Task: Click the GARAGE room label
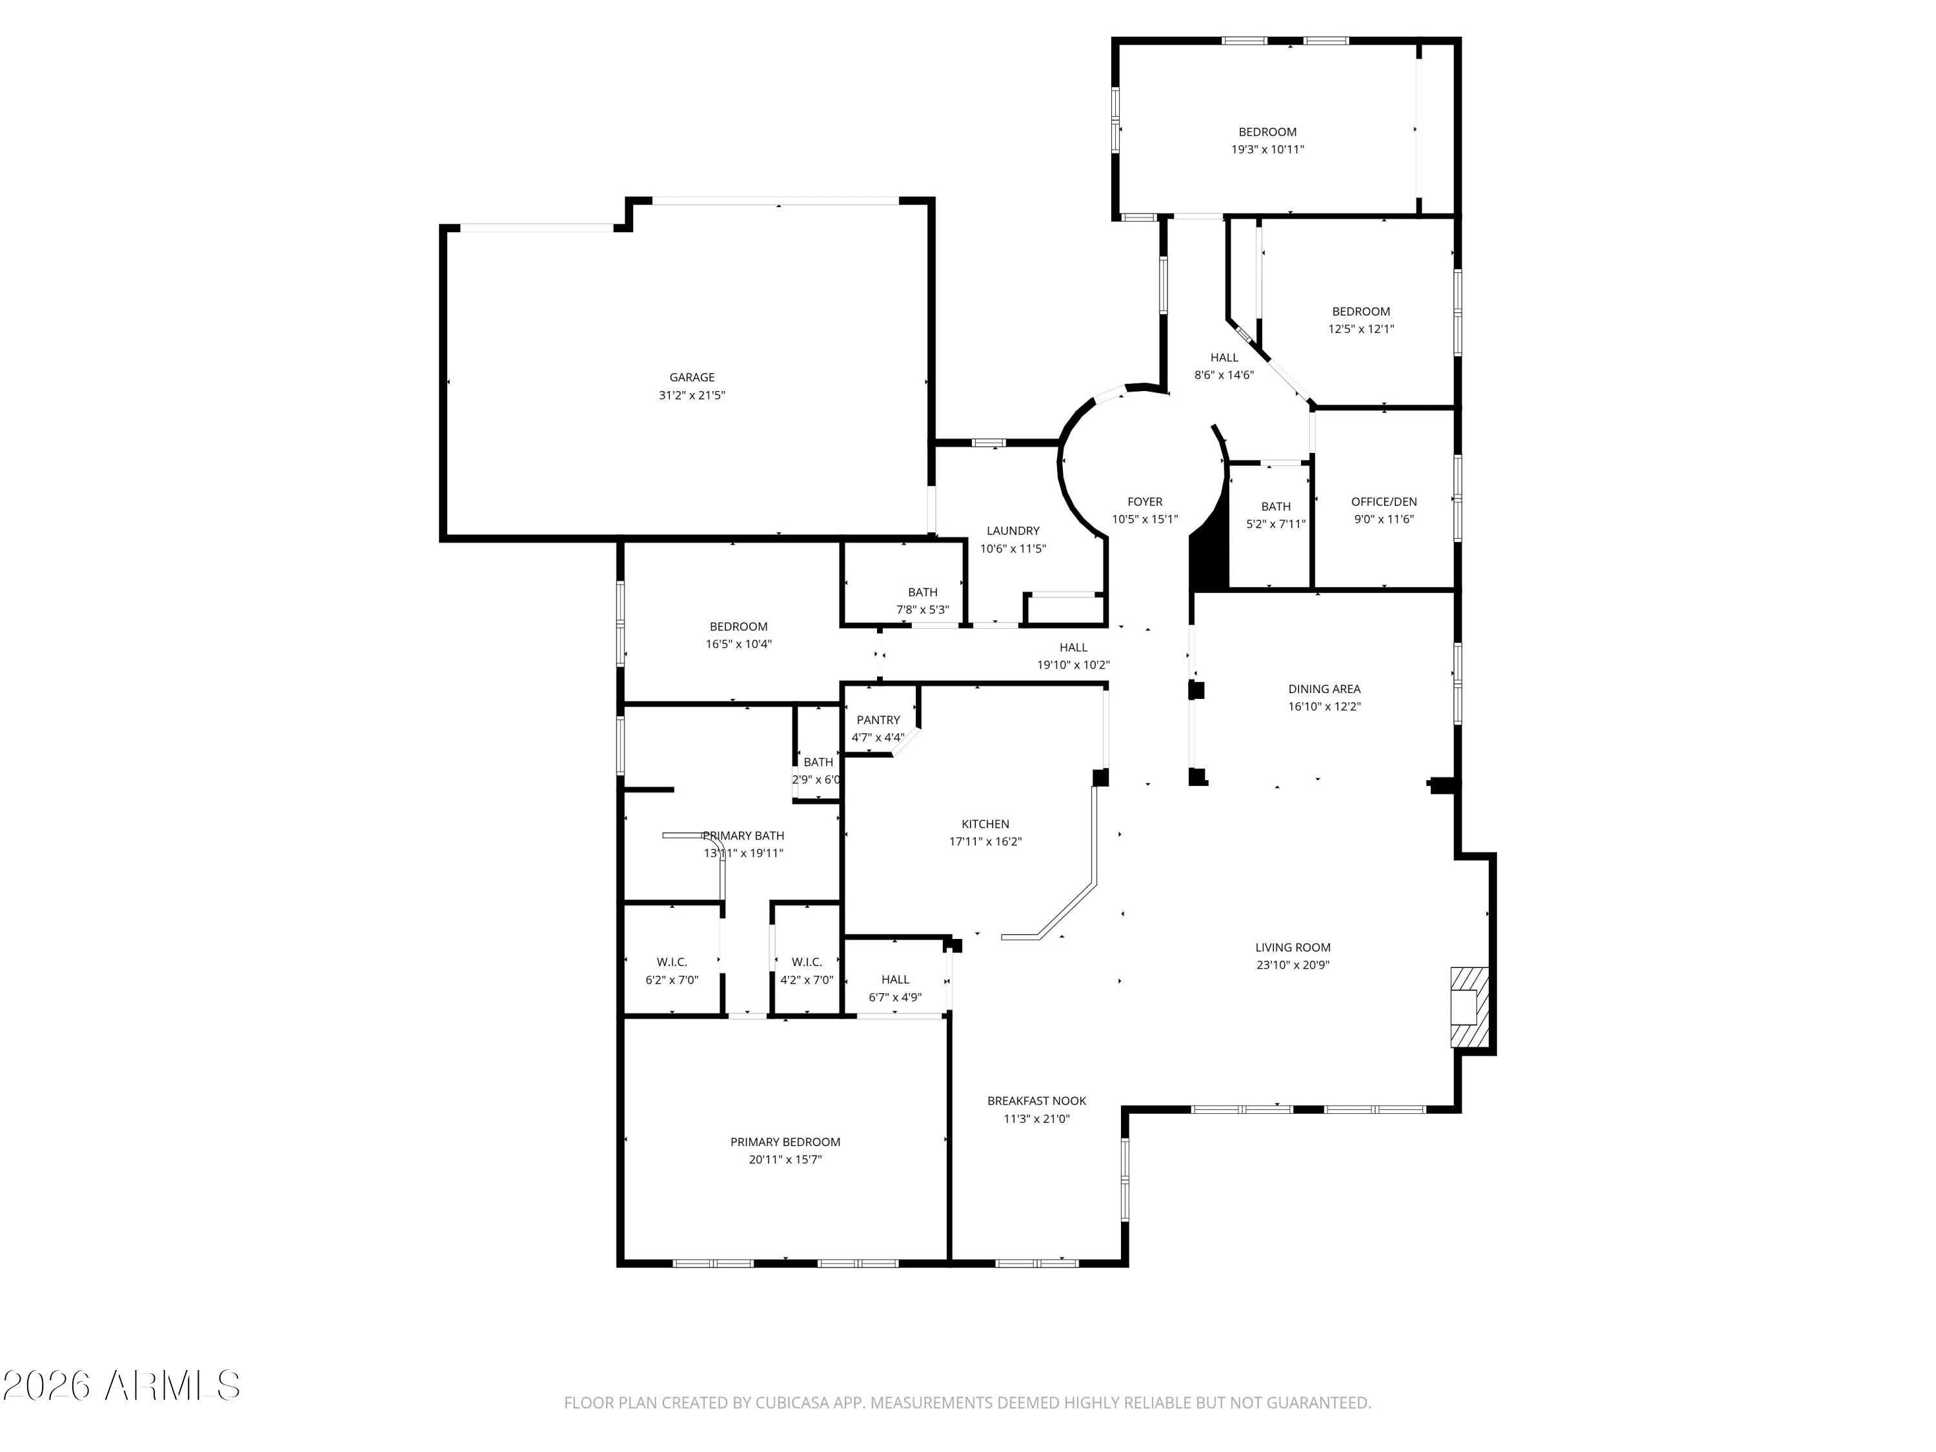691,378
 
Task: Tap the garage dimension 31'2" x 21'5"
691,396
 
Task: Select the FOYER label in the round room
1145,501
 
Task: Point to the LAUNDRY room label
1013,530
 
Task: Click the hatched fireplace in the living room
1469,1007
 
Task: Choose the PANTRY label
878,720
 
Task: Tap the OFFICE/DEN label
1384,501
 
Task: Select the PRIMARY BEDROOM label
785,1142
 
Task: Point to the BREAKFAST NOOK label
1036,1101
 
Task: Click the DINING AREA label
1324,689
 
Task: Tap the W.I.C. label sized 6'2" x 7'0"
671,962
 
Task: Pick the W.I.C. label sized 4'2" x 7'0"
806,962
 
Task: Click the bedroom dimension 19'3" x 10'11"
1267,150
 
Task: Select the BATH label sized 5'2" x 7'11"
1275,506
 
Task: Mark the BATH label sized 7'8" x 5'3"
922,592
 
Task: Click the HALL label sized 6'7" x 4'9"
894,980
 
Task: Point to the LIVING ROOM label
1293,947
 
